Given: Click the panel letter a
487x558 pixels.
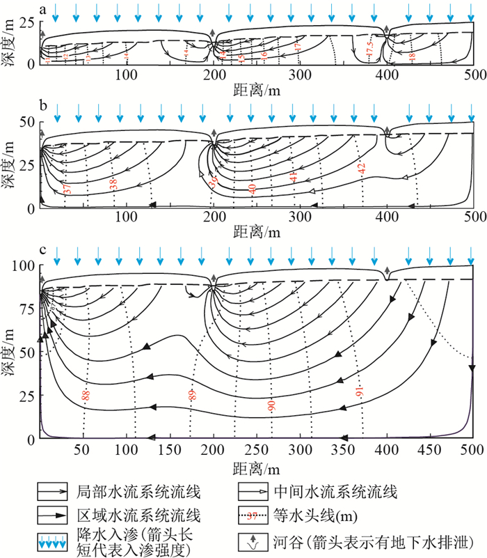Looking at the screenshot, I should click(45, 10).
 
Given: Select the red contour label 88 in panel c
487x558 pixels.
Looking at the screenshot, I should click(86, 395).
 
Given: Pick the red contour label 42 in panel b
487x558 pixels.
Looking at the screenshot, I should click(361, 167).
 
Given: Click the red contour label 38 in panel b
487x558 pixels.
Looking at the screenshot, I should click(113, 185).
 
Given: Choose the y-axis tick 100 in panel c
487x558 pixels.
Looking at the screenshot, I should click(25, 266).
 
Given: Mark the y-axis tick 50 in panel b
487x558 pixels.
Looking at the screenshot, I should click(27, 123).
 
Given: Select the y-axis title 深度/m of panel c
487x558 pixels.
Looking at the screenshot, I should click(10, 352).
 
